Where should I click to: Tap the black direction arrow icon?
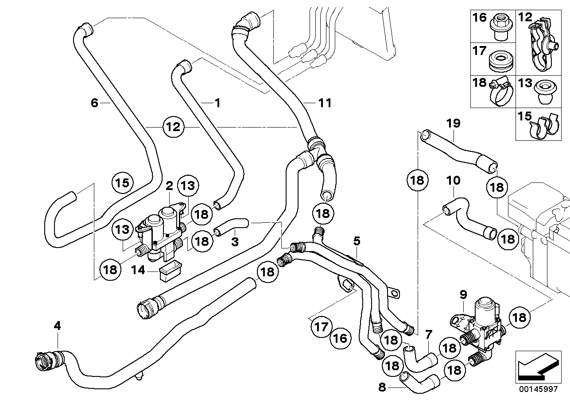pos(536,367)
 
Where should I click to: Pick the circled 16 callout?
pos(341,338)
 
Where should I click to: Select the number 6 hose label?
pos(94,103)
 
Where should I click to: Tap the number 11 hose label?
pos(325,103)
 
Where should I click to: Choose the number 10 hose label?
pos(453,181)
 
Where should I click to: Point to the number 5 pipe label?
pos(357,241)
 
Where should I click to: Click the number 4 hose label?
pos(57,326)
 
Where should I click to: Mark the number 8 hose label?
pos(382,387)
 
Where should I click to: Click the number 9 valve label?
pos(463,294)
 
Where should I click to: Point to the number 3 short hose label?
pos(235,242)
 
